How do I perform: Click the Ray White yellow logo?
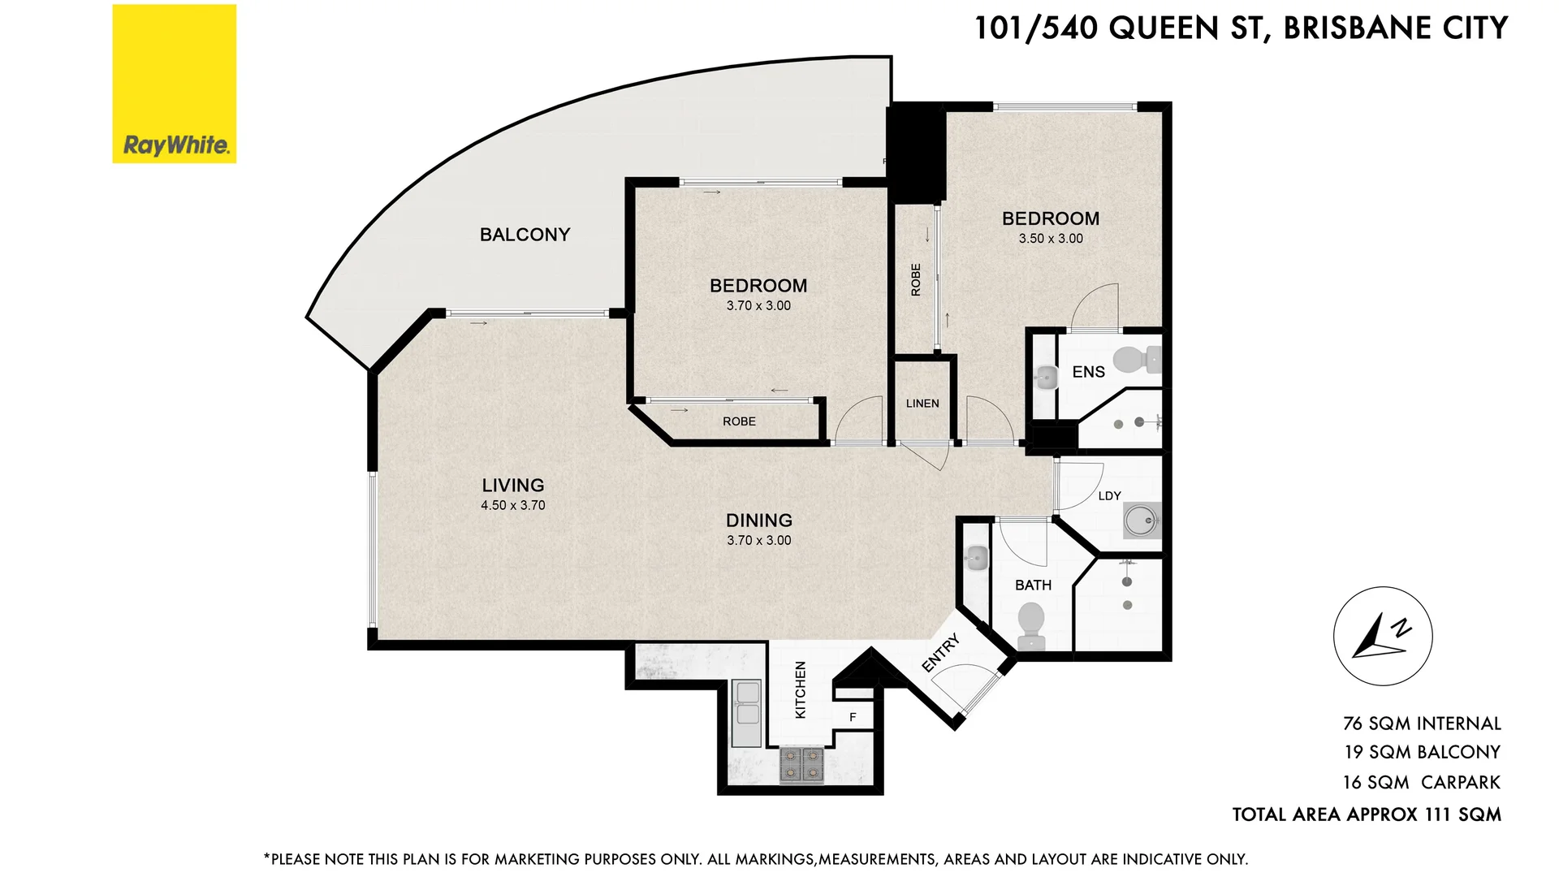pyautogui.click(x=174, y=84)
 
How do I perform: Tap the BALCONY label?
pyautogui.click(x=525, y=235)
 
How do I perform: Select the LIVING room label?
pyautogui.click(x=512, y=485)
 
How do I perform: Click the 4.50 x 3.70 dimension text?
pyautogui.click(x=512, y=505)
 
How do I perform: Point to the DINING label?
pyautogui.click(x=758, y=521)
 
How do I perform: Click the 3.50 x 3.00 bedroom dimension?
pyautogui.click(x=1051, y=239)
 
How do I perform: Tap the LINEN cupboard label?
pyautogui.click(x=922, y=404)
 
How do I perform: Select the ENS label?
pyautogui.click(x=1088, y=372)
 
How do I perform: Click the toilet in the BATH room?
pyautogui.click(x=1031, y=625)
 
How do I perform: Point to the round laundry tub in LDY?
pyautogui.click(x=1141, y=520)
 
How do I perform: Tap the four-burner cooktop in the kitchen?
pyautogui.click(x=801, y=765)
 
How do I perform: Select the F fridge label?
pyautogui.click(x=853, y=717)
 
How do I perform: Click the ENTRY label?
pyautogui.click(x=941, y=653)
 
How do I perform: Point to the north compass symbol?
pyautogui.click(x=1382, y=636)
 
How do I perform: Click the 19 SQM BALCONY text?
pyautogui.click(x=1422, y=752)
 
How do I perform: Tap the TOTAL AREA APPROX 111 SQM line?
pyautogui.click(x=1367, y=814)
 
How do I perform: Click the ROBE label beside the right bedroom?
pyautogui.click(x=916, y=279)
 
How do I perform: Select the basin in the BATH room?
pyautogui.click(x=976, y=558)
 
